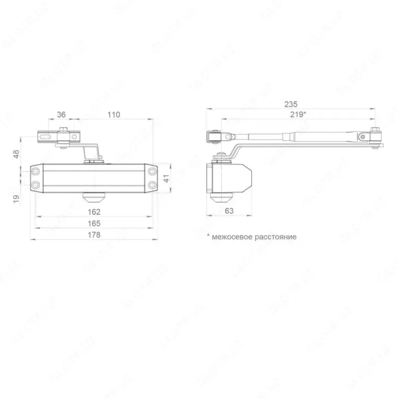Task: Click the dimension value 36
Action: click(61, 114)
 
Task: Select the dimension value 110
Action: click(114, 114)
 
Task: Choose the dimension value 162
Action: click(94, 212)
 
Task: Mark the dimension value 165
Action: click(94, 223)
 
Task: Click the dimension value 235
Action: click(291, 104)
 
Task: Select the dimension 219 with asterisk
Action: click(298, 114)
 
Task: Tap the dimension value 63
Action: click(229, 210)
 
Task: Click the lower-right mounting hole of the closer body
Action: click(151, 185)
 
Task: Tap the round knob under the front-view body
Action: click(94, 198)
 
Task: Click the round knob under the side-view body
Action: click(221, 198)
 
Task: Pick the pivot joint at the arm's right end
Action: click(376, 136)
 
